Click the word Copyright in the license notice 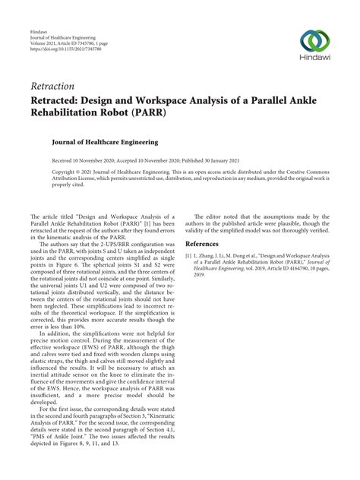(x=67, y=172)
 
